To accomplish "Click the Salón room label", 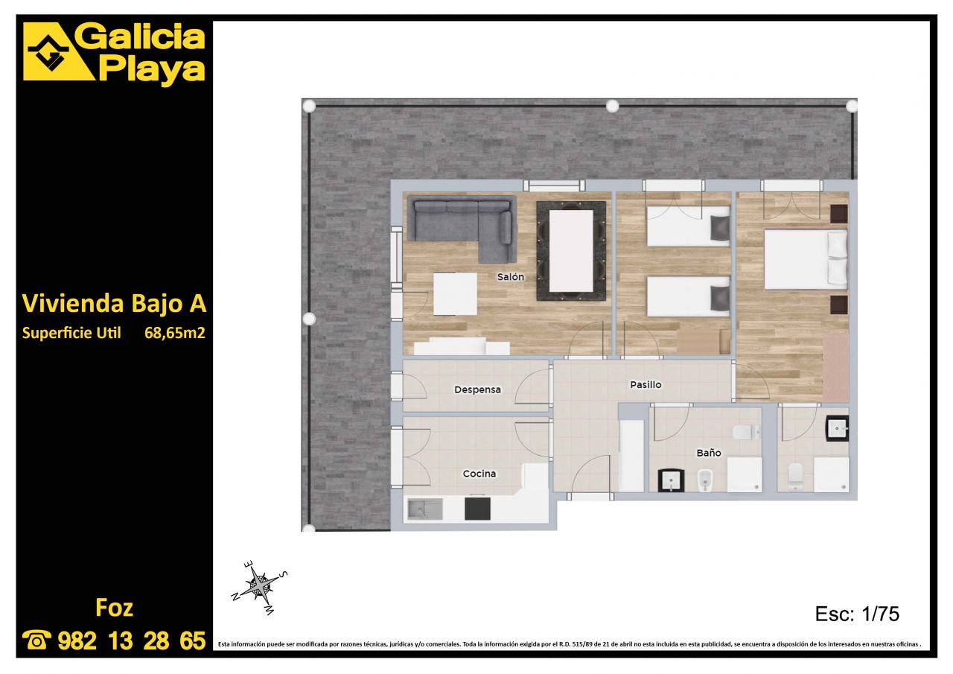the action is click(511, 277).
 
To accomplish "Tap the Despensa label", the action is click(477, 390).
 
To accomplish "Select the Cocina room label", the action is click(479, 474).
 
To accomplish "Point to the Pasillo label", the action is click(646, 384).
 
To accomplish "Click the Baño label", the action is click(708, 453).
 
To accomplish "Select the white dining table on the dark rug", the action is click(571, 251).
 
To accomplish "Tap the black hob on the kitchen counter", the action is click(477, 509).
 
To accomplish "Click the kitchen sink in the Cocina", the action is click(425, 509).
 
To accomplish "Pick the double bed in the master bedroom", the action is click(806, 260).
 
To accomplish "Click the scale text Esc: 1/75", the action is click(857, 614).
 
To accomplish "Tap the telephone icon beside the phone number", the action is click(36, 640).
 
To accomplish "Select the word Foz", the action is click(114, 608).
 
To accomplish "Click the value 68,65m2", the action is click(175, 333).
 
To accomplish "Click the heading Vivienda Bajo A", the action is click(114, 303).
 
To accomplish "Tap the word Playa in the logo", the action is click(152, 69).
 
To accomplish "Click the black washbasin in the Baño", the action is click(671, 480).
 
